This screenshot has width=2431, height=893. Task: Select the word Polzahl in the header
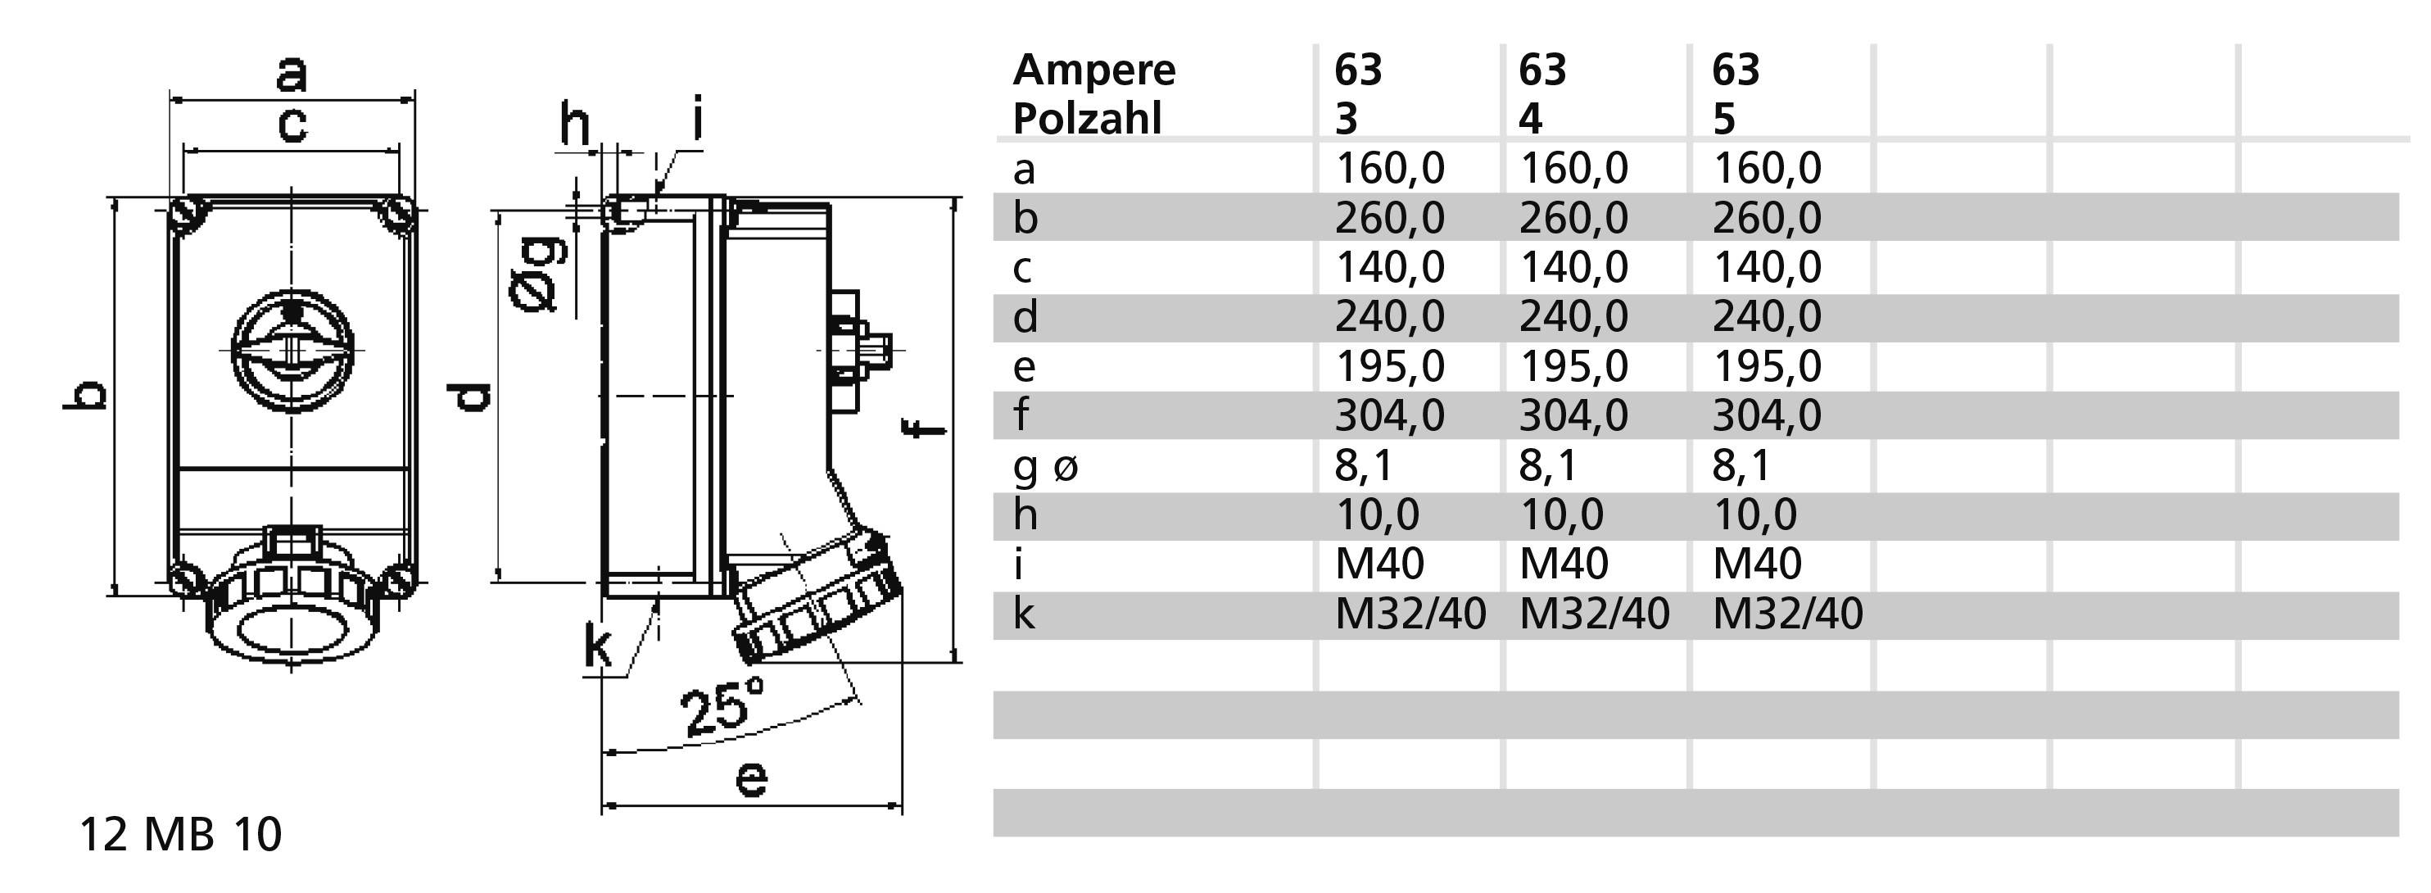(x=1086, y=119)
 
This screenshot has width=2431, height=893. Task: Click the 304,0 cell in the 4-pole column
(x=1573, y=415)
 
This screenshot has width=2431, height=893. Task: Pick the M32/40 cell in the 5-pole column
(x=1787, y=614)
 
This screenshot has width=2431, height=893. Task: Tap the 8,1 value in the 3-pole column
(x=1365, y=465)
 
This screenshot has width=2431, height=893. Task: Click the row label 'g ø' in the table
(x=1044, y=465)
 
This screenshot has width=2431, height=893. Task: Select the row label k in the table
(x=1024, y=614)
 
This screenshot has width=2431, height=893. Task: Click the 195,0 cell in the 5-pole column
(x=1767, y=366)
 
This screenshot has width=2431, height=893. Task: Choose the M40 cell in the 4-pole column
(x=1564, y=564)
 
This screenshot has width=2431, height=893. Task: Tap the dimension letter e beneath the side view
(x=751, y=780)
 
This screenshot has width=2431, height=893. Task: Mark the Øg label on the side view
(x=539, y=274)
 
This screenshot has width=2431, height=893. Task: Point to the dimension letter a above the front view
(x=292, y=74)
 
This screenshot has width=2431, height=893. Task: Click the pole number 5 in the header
(x=1723, y=119)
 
